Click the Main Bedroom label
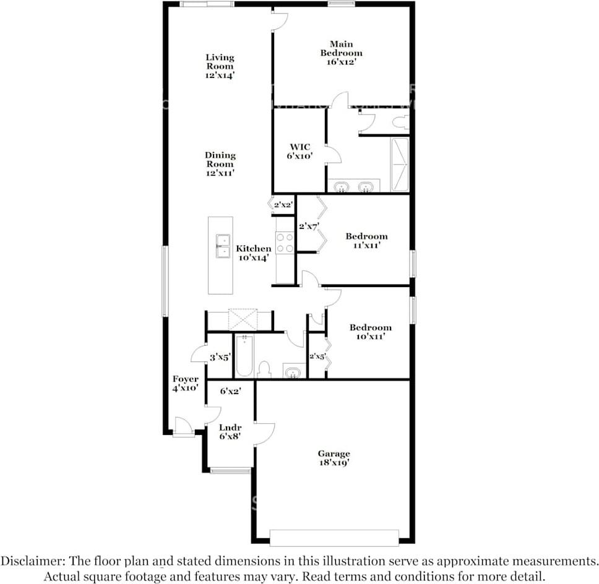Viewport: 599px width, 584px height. tap(341, 53)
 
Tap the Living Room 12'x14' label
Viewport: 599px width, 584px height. tap(220, 66)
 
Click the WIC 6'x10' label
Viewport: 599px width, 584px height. tap(300, 151)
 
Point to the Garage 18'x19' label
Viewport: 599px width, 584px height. tap(334, 458)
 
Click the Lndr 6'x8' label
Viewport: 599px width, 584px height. tap(230, 432)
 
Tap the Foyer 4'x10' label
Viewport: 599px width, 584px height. tap(185, 384)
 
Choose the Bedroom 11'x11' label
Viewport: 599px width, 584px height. tap(366, 241)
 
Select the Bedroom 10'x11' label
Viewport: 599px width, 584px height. tap(370, 332)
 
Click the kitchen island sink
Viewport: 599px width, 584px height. tap(223, 246)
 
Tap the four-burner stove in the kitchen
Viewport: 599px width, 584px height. tap(285, 243)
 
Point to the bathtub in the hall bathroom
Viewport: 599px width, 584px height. tap(244, 356)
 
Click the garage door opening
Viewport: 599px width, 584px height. tap(334, 538)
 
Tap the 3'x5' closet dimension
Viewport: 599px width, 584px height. tap(220, 358)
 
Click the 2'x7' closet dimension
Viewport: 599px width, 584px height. tap(309, 226)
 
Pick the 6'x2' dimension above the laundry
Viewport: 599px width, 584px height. tap(230, 391)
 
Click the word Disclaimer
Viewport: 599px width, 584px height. tap(32, 562)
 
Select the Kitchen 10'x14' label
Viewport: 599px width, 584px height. tap(254, 253)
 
